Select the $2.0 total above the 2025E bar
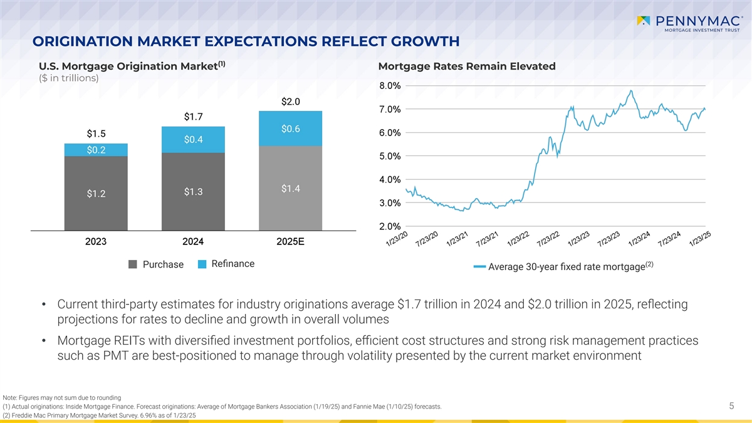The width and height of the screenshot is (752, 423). tap(291, 101)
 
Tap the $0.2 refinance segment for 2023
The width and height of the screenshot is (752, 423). tap(96, 150)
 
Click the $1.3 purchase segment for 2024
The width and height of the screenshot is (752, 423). tap(193, 192)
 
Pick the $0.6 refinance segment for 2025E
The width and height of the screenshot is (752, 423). tap(291, 129)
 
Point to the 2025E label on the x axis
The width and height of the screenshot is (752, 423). tap(291, 242)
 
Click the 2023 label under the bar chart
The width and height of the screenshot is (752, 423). tap(96, 242)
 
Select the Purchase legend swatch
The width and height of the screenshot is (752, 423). tap(133, 264)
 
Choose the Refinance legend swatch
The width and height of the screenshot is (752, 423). tap(202, 264)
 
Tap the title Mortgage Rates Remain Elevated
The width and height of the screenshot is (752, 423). tap(467, 66)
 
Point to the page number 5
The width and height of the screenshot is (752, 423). tap(731, 407)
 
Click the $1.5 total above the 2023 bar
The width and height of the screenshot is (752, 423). tap(96, 133)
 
